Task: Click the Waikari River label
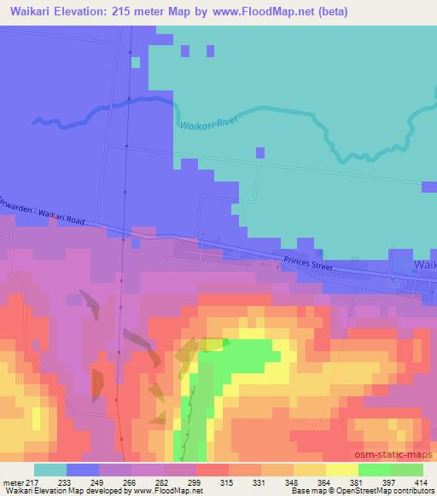coord(207,124)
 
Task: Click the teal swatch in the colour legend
coord(50,470)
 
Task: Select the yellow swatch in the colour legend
coord(341,470)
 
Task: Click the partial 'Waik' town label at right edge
coord(424,265)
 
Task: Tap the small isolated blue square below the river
coord(260,153)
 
